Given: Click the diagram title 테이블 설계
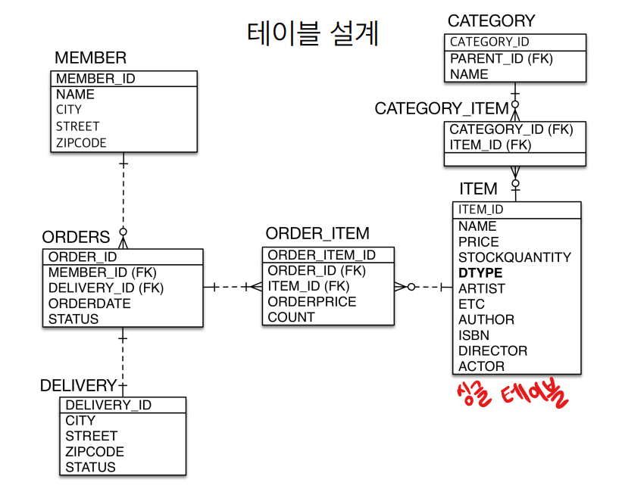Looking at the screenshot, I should pyautogui.click(x=312, y=33).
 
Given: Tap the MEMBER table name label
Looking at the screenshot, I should pyautogui.click(x=90, y=58).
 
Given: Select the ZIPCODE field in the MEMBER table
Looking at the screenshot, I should pyautogui.click(x=81, y=142).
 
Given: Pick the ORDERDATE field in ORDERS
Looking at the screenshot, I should pyautogui.click(x=89, y=303).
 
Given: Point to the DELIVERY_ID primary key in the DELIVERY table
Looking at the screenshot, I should pyautogui.click(x=108, y=405).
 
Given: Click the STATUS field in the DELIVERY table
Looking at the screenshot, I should pyautogui.click(x=90, y=467).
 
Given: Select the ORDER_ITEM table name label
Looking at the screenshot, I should pyautogui.click(x=317, y=234).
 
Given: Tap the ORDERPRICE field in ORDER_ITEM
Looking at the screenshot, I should pyautogui.click(x=311, y=301).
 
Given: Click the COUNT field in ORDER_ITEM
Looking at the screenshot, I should pyautogui.click(x=291, y=317).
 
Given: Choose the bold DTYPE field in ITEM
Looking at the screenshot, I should pyautogui.click(x=480, y=272).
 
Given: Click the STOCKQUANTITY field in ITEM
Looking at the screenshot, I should pyautogui.click(x=514, y=257).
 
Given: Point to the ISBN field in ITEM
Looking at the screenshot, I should pyautogui.click(x=474, y=335).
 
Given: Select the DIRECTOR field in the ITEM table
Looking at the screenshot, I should pyautogui.click(x=492, y=350).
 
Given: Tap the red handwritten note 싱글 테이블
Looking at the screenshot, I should pyautogui.click(x=512, y=397).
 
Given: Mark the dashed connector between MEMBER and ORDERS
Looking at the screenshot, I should pyautogui.click(x=123, y=193).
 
